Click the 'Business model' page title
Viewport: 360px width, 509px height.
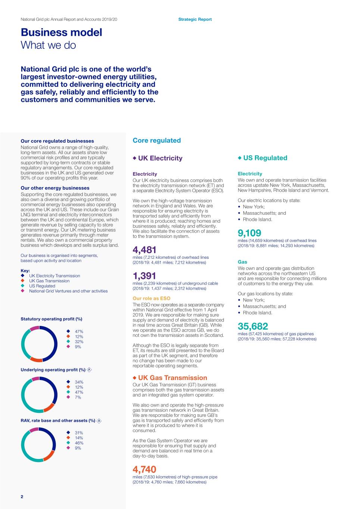pos(61,32)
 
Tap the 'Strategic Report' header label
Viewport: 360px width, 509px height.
pos(195,19)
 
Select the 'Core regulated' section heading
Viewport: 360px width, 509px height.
pos(157,141)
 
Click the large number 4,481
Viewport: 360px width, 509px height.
pos(144,250)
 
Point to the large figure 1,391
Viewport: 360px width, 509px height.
pos(144,276)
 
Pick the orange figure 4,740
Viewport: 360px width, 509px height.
pos(144,469)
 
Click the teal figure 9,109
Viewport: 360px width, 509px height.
pos(250,233)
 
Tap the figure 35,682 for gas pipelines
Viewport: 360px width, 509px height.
pos(253,326)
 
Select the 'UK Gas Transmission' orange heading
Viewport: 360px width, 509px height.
pos(172,378)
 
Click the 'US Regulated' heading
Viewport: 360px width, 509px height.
pos(265,158)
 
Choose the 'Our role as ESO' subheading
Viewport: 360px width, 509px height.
pos(151,298)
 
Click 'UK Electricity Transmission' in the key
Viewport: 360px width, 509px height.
pos(54,276)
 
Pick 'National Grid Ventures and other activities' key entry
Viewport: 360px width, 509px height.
pos(68,291)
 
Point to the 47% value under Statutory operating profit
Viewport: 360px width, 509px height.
pos(79,332)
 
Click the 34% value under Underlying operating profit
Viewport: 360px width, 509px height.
pos(79,382)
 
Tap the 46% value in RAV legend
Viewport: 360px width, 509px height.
pos(79,443)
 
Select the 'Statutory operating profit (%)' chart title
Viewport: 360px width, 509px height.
pos(51,319)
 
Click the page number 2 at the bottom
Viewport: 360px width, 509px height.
pos(22,497)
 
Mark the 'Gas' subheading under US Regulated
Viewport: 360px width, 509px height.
pos(242,262)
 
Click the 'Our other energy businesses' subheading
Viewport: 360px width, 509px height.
pos(55,188)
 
